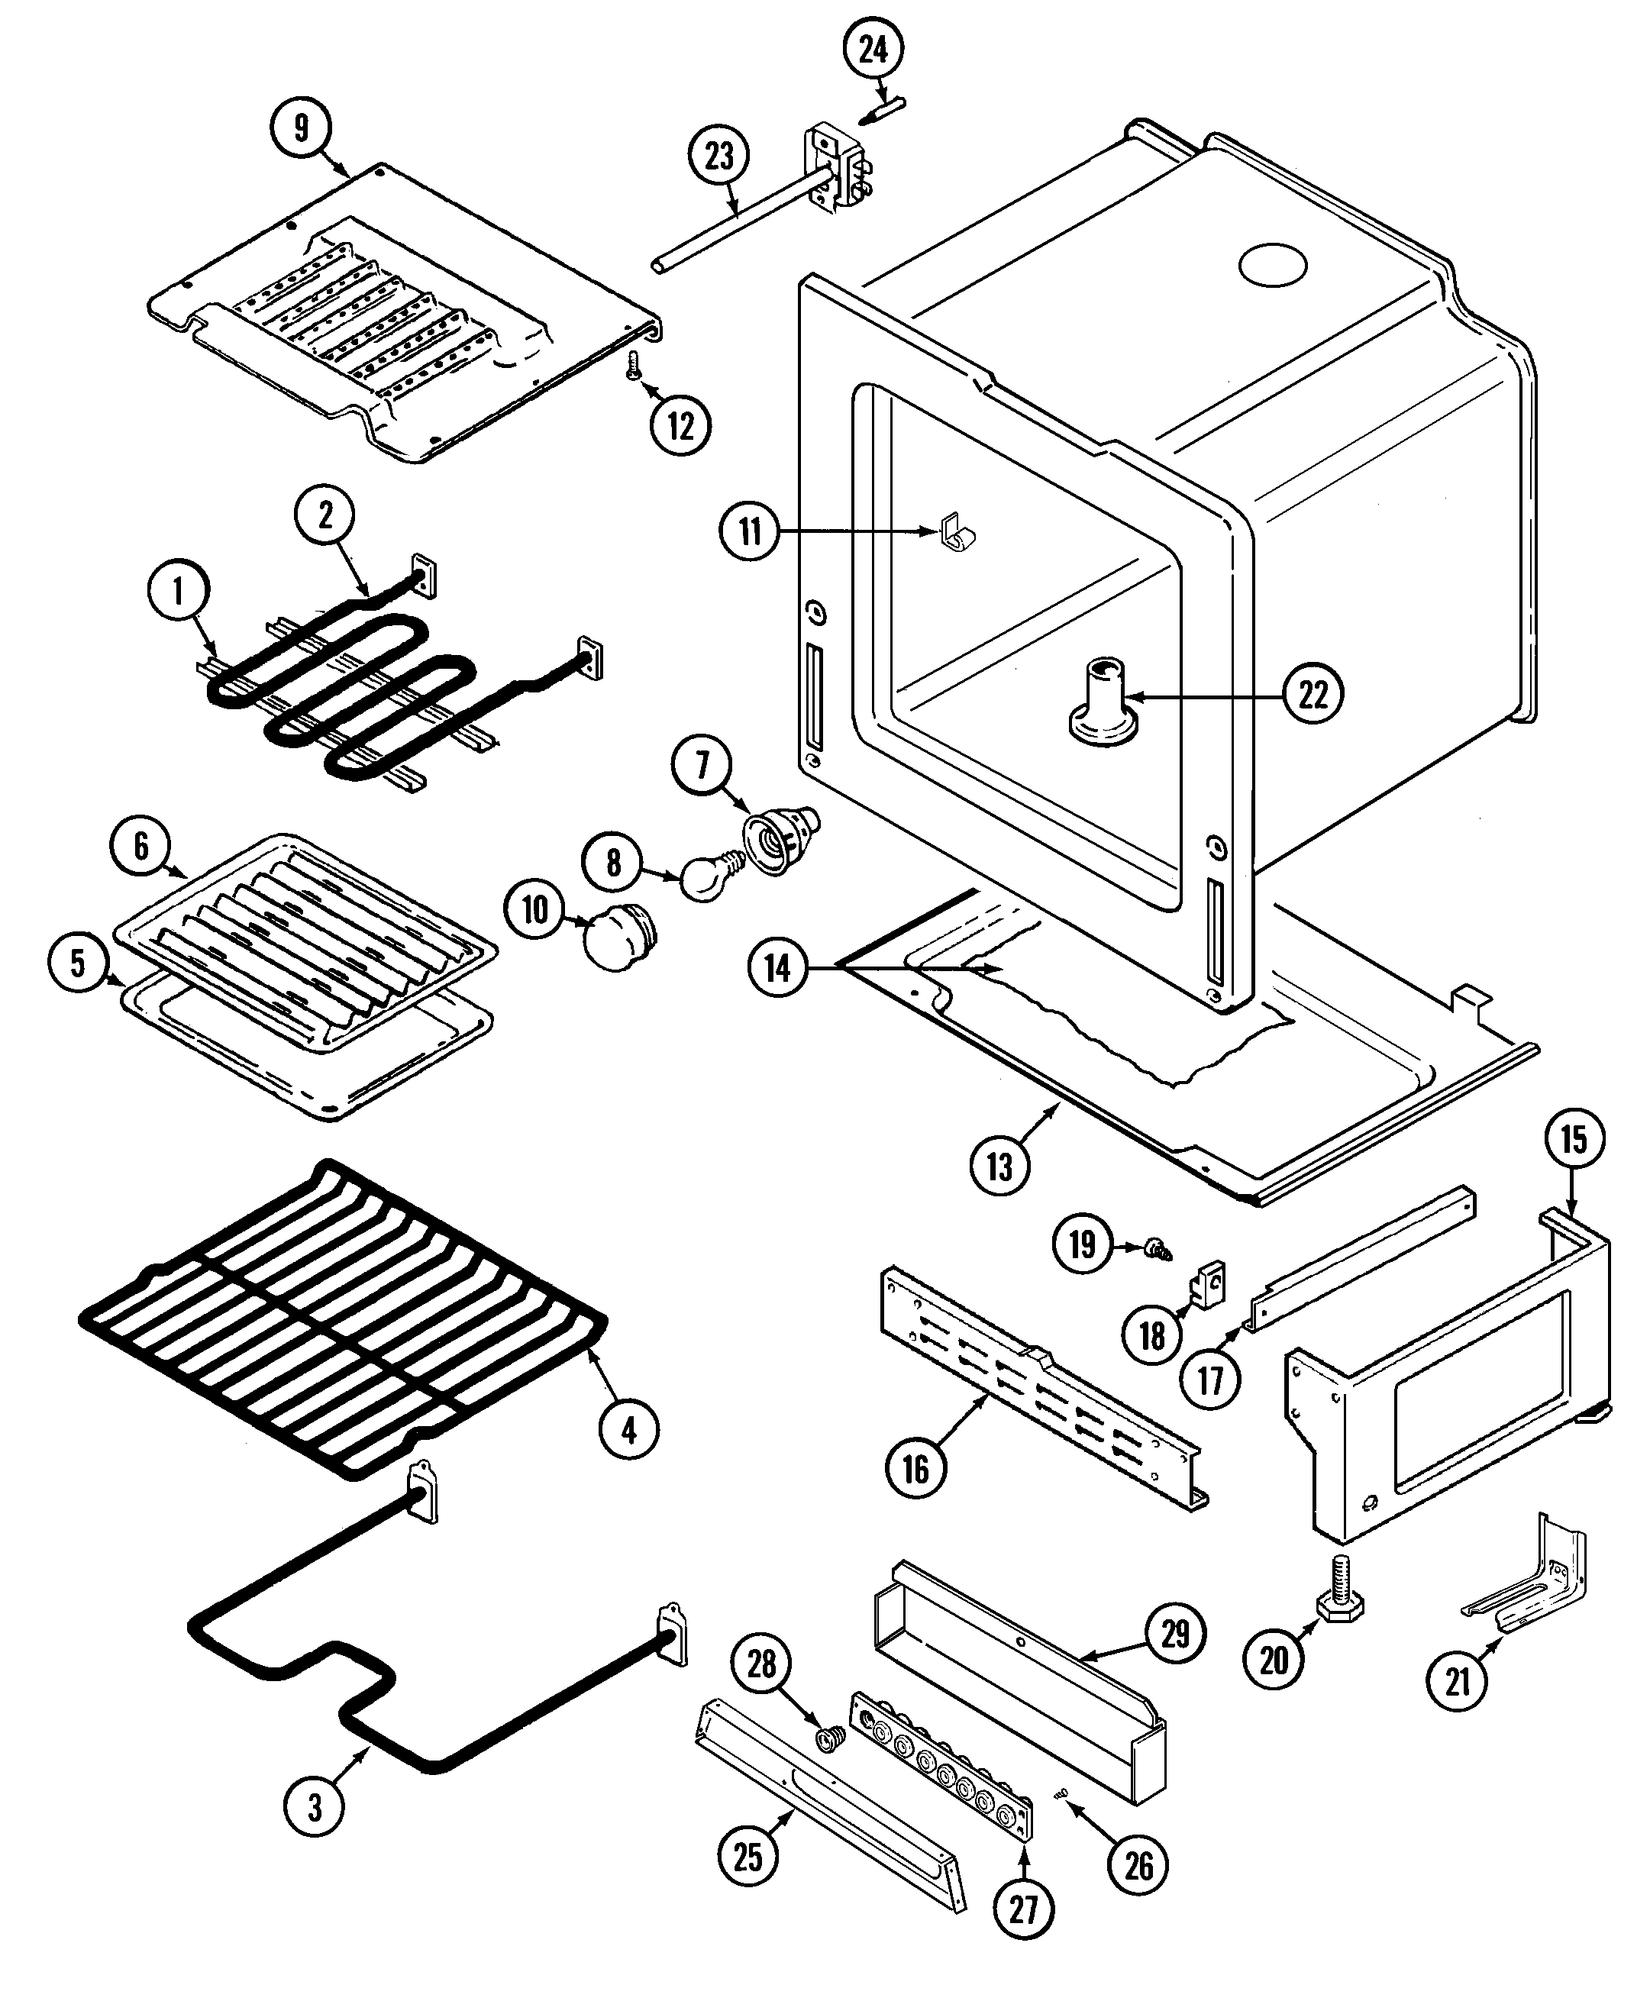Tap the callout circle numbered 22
(x=1313, y=695)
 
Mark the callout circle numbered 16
(x=915, y=1469)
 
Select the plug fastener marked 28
(x=831, y=1738)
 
